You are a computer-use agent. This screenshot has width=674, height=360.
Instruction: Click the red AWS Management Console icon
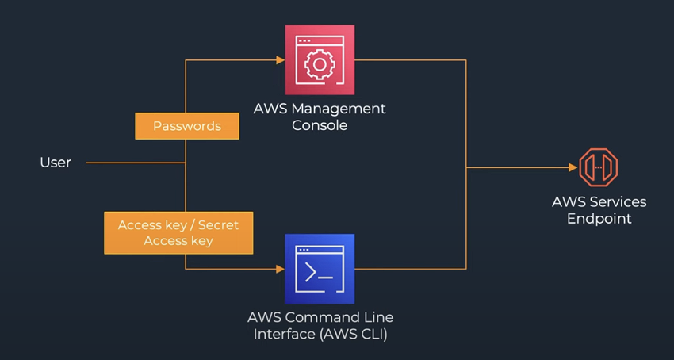[x=320, y=59]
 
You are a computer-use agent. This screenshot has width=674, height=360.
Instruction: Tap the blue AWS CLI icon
[x=320, y=269]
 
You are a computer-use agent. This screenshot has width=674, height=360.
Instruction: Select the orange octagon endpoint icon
[x=598, y=167]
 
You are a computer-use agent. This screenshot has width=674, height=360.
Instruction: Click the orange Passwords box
[x=186, y=126]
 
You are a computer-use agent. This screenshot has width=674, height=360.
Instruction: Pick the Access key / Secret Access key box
[x=178, y=232]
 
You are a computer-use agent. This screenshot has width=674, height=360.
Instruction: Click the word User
[x=56, y=163]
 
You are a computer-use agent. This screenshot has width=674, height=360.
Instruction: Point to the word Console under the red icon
[x=320, y=125]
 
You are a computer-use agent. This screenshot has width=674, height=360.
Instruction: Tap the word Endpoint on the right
[x=599, y=218]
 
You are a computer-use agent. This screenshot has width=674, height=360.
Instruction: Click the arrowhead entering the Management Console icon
[x=279, y=59]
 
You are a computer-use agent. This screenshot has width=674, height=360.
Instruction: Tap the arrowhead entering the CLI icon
[x=279, y=269]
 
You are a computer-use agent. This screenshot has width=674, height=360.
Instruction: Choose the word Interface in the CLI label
[x=281, y=334]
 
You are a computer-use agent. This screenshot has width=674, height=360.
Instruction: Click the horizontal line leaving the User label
[x=135, y=163]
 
